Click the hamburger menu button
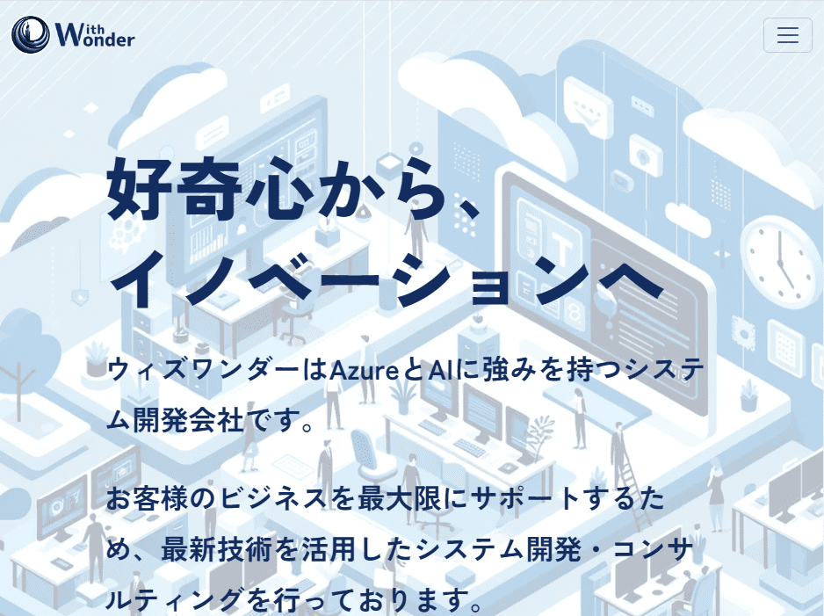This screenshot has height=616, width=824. [x=787, y=35]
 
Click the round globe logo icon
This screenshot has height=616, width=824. [x=31, y=35]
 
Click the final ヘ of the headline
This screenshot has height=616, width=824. [x=629, y=281]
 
